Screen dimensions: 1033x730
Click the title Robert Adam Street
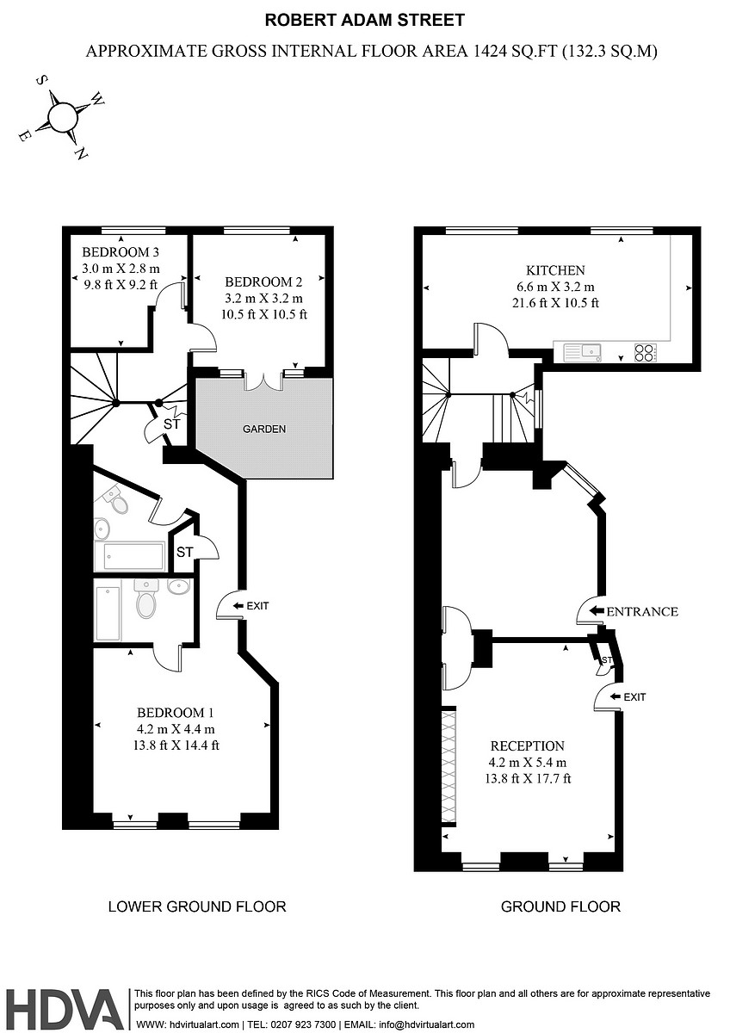tap(364, 20)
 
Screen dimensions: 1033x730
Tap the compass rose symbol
tap(63, 116)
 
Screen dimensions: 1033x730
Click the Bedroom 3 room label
tap(121, 252)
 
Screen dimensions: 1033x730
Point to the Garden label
tap(263, 429)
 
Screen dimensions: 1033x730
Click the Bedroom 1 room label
tap(175, 713)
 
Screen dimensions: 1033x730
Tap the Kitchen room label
tap(555, 270)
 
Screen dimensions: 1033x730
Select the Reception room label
tap(527, 746)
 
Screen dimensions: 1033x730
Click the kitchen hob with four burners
tap(645, 351)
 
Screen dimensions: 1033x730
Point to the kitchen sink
tap(590, 351)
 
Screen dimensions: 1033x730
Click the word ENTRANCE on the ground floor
tap(642, 612)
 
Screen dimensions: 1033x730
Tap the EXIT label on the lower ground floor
tap(257, 606)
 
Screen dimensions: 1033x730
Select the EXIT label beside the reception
tap(634, 696)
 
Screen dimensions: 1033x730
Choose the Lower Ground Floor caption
tap(196, 906)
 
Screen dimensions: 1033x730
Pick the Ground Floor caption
tap(560, 906)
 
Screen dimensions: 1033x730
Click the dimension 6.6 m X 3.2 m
tap(555, 287)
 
